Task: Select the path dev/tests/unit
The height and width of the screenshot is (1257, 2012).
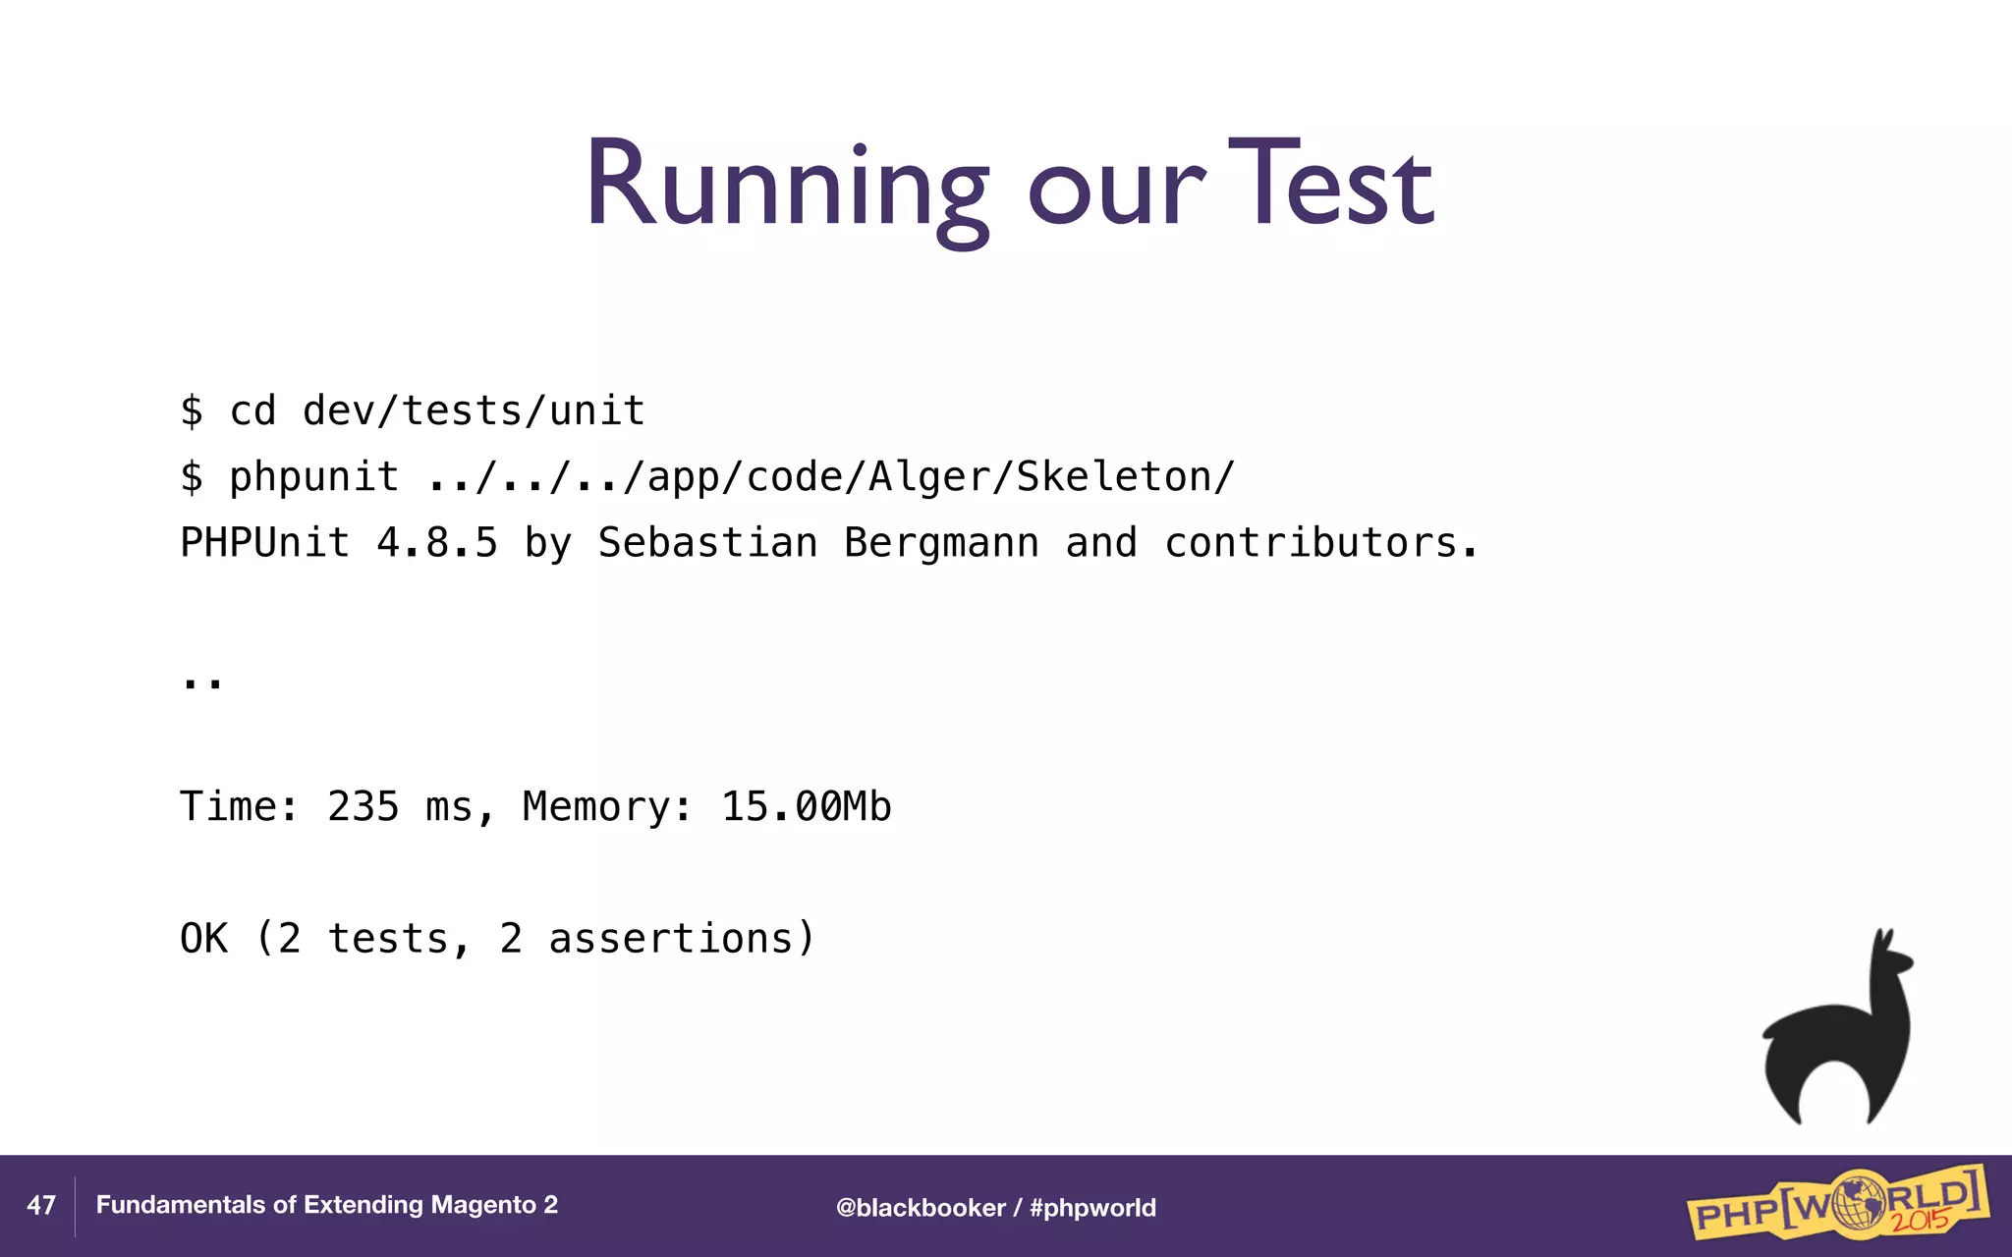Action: pyautogui.click(x=474, y=410)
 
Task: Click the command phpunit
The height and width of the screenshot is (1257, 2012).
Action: pyautogui.click(x=313, y=477)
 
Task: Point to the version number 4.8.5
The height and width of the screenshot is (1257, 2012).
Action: pyautogui.click(x=437, y=543)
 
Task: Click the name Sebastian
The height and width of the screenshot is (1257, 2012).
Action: pyautogui.click(x=707, y=543)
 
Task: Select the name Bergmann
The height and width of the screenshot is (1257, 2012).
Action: pyautogui.click(x=941, y=543)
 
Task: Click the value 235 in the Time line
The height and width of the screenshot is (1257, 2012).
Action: pyautogui.click(x=363, y=806)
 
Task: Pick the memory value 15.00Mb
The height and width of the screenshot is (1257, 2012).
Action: pyautogui.click(x=806, y=806)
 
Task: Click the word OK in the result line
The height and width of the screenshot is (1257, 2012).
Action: pyautogui.click(x=203, y=939)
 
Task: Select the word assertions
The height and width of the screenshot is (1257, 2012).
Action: pyautogui.click(x=671, y=939)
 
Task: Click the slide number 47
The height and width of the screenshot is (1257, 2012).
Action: pyautogui.click(x=41, y=1205)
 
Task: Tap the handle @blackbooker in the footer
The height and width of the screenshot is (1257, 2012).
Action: pyautogui.click(x=921, y=1208)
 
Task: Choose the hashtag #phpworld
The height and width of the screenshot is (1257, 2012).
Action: pyautogui.click(x=1092, y=1208)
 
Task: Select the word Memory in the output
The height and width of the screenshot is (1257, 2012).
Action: pyautogui.click(x=597, y=806)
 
